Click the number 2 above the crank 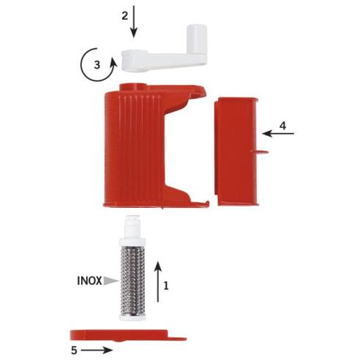124,16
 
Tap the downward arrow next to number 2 134,21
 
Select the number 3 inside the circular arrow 97,65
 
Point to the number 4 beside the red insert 282,126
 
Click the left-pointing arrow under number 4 278,133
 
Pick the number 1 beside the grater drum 166,285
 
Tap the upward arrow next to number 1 158,282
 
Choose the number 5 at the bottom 74,350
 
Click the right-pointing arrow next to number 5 97,350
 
